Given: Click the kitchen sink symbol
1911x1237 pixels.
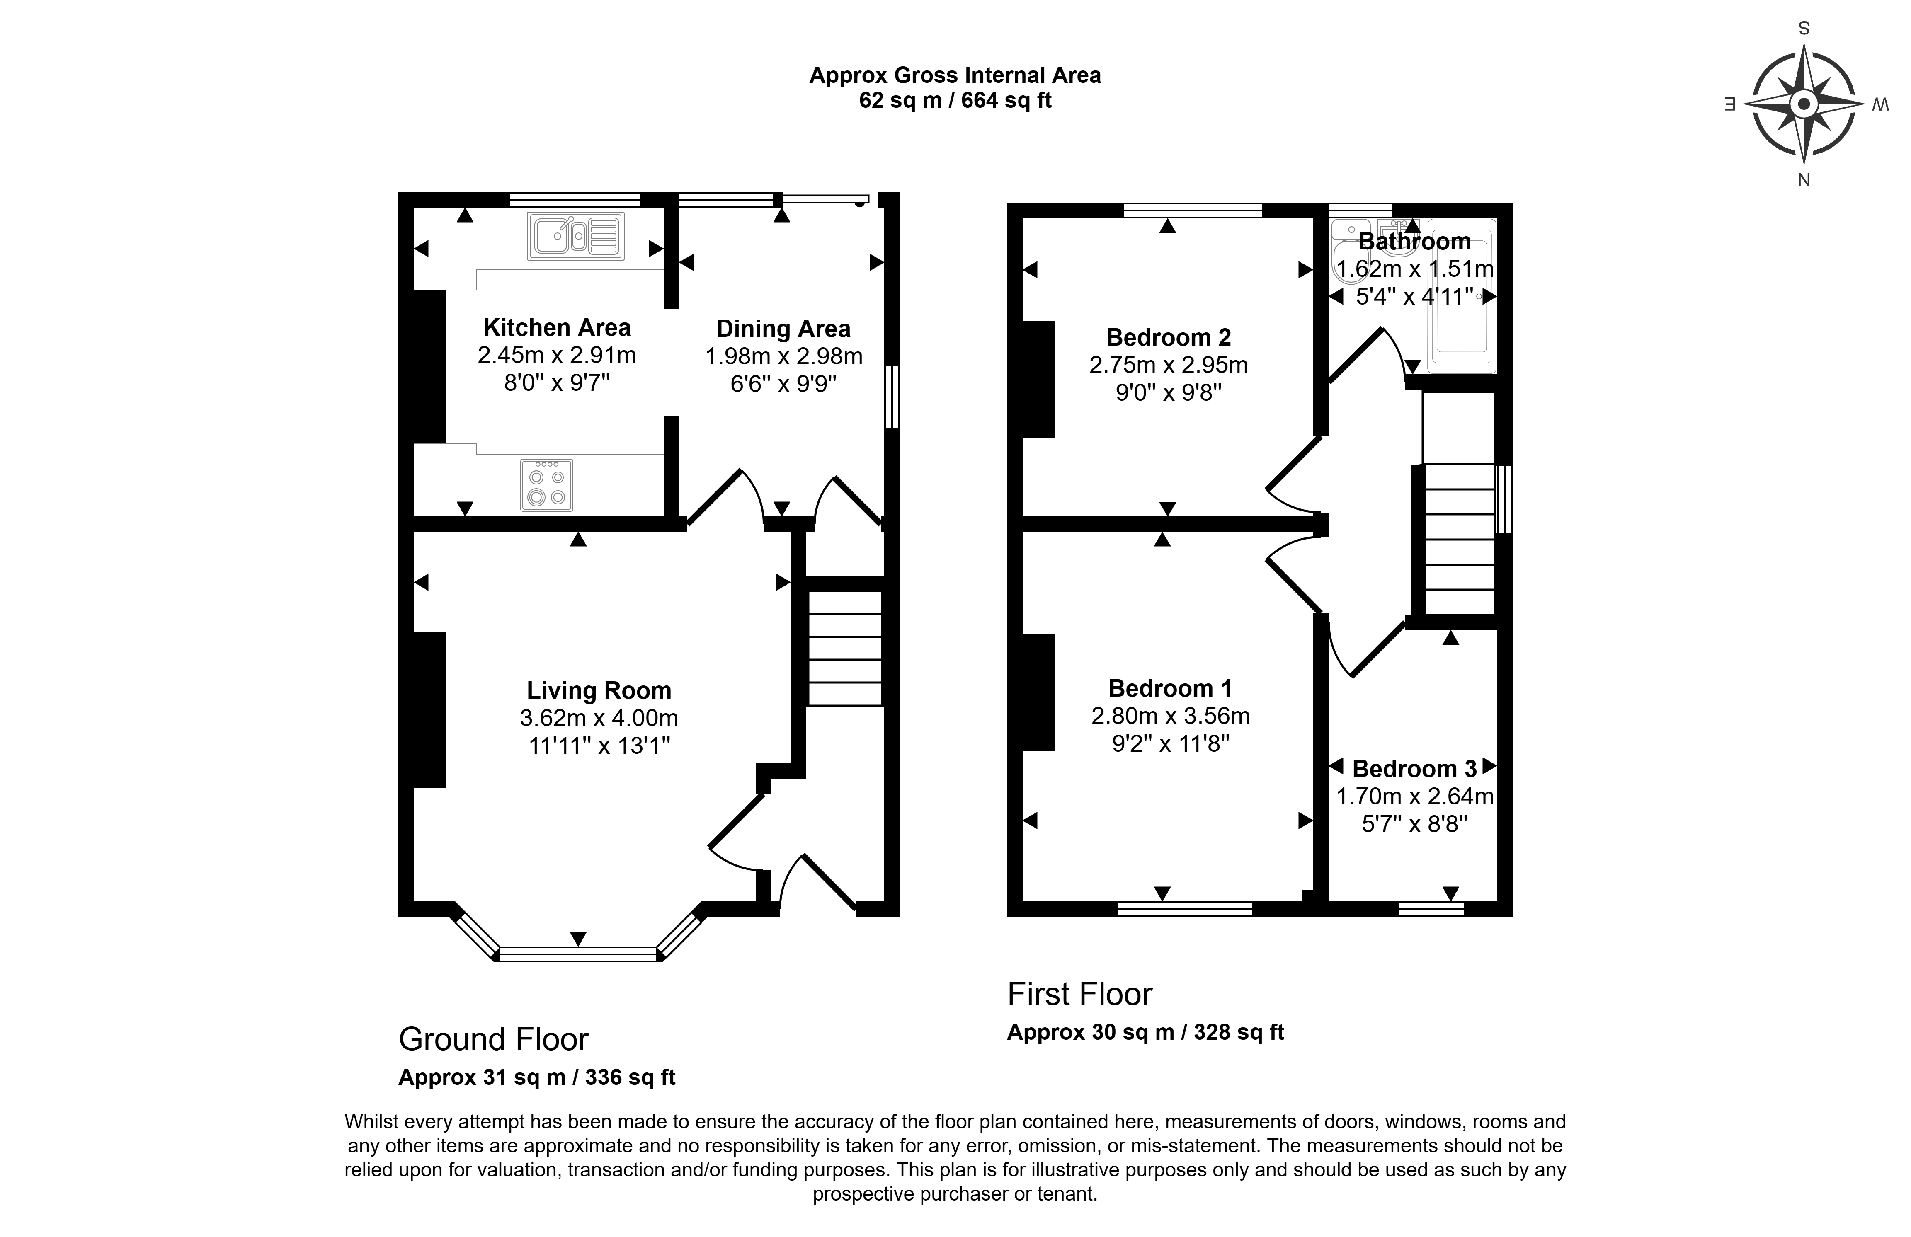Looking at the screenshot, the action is point(575,236).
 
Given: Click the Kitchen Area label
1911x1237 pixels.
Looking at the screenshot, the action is point(556,327).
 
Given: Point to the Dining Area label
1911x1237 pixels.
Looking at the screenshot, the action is point(783,329).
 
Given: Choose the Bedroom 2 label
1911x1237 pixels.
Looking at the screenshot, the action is point(1168,337).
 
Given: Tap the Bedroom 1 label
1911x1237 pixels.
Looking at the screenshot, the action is point(1170,688).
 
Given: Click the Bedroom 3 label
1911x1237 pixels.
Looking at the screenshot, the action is point(1415,769).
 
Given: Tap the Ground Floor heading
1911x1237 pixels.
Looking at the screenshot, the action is point(494,1039).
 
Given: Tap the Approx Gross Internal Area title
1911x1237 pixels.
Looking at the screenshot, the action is point(955,75).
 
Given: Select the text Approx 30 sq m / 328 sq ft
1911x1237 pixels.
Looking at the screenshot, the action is point(1146,1032).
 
